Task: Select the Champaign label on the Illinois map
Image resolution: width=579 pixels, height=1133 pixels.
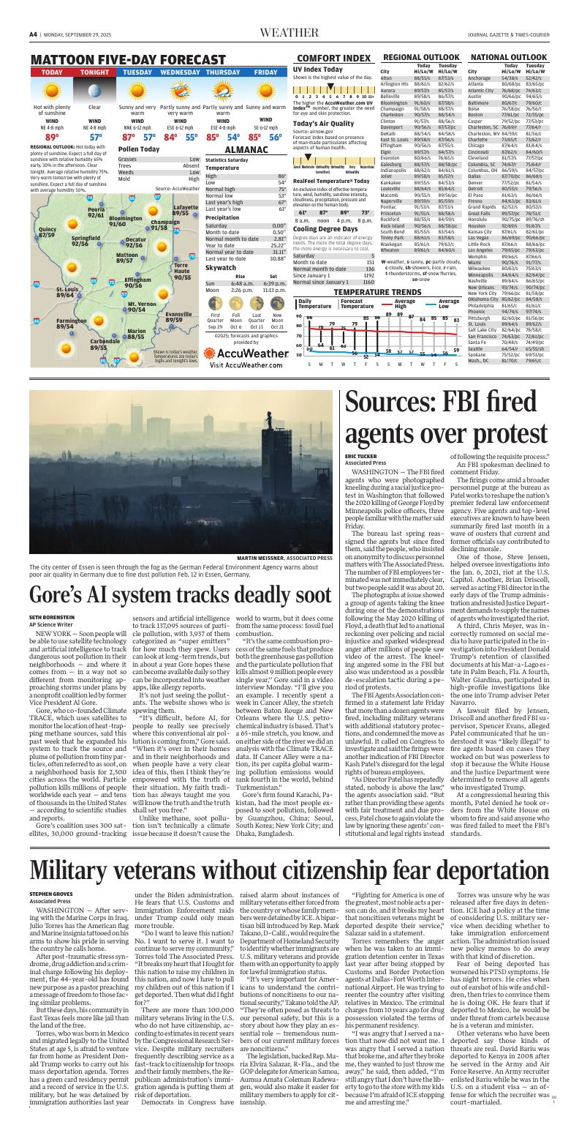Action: click(x=164, y=225)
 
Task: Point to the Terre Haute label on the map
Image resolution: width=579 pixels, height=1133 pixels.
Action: click(x=182, y=272)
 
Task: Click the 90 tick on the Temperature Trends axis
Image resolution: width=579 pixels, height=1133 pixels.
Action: click(x=298, y=316)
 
